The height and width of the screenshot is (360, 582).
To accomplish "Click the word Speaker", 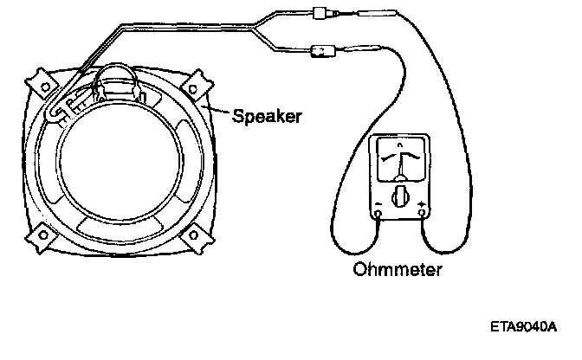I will click(x=267, y=115).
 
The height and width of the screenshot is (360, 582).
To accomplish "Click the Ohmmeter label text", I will click(x=398, y=270).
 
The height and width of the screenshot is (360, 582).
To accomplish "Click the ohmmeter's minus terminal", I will click(x=378, y=213).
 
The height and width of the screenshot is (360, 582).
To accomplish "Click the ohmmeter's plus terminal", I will click(x=422, y=213).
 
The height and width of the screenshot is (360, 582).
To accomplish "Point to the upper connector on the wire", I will click(x=328, y=15).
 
